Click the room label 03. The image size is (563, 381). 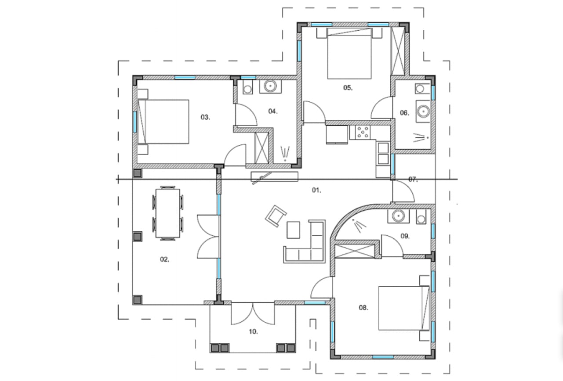pyautogui.click(x=205, y=117)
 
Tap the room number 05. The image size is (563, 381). pyautogui.click(x=348, y=88)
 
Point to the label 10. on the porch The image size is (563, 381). pyautogui.click(x=253, y=331)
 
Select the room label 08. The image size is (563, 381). pyautogui.click(x=363, y=307)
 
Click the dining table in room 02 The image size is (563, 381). pyautogui.click(x=167, y=213)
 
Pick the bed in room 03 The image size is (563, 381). pyautogui.click(x=163, y=122)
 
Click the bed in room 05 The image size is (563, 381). pyautogui.click(x=349, y=54)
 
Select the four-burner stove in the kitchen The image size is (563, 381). pyautogui.click(x=363, y=132)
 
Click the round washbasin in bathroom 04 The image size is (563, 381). pyautogui.click(x=270, y=86)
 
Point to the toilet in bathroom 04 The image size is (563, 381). pyautogui.click(x=248, y=88)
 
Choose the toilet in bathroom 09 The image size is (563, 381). pyautogui.click(x=421, y=217)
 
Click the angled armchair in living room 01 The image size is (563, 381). pyautogui.click(x=276, y=216)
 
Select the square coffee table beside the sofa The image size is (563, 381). pyautogui.click(x=293, y=230)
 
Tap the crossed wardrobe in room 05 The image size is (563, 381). pyautogui.click(x=398, y=51)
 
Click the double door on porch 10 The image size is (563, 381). pyautogui.click(x=253, y=314)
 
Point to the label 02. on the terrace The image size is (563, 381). pyautogui.click(x=165, y=259)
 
